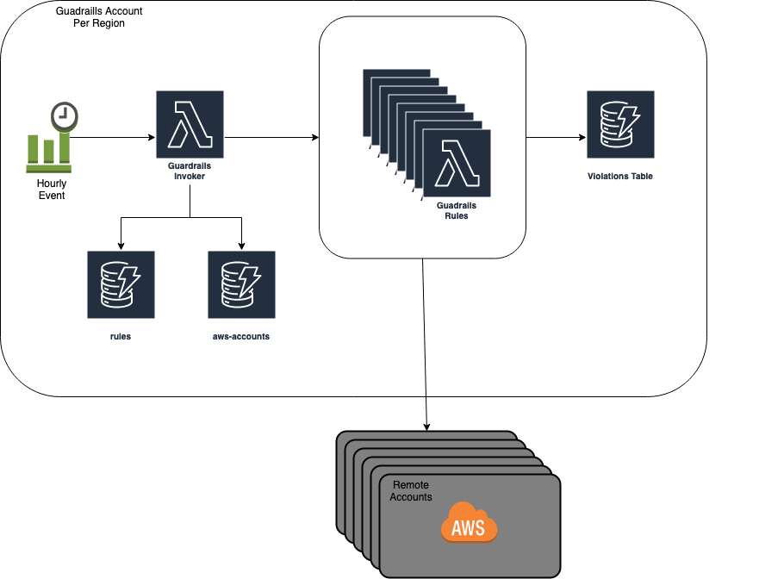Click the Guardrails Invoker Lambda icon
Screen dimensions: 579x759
point(190,124)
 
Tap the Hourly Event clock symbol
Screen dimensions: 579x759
point(63,115)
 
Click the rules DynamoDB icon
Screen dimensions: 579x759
point(121,284)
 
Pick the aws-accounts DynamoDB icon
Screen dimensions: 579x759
point(241,284)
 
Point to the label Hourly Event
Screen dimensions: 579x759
point(51,190)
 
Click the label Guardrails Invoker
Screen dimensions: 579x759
point(190,171)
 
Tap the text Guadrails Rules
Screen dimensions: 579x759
point(457,211)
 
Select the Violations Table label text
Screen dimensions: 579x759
point(620,176)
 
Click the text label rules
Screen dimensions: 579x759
point(121,336)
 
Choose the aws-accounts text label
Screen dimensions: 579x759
point(241,336)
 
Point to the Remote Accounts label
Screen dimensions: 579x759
point(411,491)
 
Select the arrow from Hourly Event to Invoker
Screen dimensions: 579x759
point(112,137)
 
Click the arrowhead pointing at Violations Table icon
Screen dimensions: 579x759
point(582,137)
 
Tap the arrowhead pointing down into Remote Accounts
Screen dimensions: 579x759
point(426,426)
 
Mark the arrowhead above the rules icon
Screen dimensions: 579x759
point(121,246)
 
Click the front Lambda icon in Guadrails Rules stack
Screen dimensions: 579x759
point(457,164)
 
